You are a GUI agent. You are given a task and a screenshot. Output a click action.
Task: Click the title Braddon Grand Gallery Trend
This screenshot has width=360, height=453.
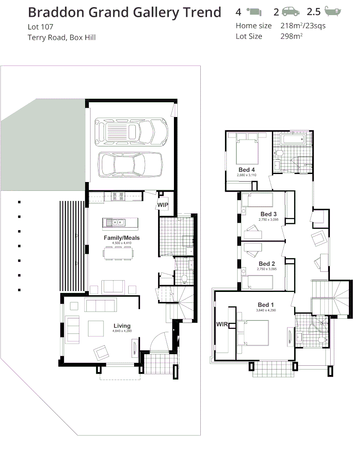124,13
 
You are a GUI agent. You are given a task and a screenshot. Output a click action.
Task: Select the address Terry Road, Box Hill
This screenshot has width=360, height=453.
62,38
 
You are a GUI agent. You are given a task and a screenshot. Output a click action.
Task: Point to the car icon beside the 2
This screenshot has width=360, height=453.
291,11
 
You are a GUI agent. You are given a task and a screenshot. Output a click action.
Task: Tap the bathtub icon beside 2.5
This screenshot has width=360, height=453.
332,11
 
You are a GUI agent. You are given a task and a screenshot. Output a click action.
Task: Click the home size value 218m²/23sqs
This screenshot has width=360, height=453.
303,26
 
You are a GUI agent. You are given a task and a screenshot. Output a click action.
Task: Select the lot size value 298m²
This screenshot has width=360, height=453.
291,36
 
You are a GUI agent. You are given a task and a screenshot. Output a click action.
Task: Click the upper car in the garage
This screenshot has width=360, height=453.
131,130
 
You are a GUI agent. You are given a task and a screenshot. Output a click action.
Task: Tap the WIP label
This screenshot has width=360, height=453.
163,205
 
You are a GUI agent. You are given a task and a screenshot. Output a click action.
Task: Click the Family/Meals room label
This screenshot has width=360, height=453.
122,238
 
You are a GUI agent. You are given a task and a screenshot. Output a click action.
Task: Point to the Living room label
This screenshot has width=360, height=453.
122,325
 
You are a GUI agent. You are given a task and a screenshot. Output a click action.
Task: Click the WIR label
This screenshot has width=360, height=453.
222,324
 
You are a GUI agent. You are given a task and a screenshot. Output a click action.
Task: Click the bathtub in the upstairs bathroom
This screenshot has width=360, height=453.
296,140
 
